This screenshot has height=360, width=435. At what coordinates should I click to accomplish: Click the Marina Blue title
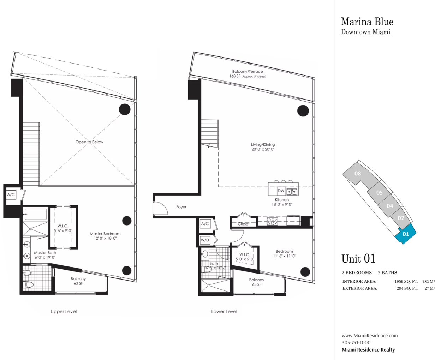coord(367,22)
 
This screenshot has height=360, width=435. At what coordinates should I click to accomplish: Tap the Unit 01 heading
coord(358,259)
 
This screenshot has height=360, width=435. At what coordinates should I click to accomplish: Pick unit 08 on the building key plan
coord(358,173)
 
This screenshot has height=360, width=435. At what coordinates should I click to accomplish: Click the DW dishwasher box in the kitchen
coord(281,191)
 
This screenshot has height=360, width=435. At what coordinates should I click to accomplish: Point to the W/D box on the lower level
coord(205,240)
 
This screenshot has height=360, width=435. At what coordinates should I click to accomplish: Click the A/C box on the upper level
coord(11,195)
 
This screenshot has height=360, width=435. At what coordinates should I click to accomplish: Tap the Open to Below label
coord(89,142)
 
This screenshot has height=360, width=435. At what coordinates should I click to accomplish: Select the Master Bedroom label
coord(105,234)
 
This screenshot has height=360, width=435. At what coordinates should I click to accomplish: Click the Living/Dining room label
coord(263,144)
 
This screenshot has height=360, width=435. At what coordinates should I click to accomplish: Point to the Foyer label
coord(181,207)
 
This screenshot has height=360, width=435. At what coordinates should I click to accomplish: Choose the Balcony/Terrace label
coord(248,71)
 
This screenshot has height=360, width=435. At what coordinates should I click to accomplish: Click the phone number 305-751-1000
coord(356,342)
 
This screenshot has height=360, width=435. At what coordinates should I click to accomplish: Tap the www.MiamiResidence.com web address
coord(370,335)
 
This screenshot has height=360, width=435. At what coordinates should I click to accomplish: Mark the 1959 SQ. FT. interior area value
coord(406,282)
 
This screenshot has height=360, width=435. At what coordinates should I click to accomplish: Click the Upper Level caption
coord(64,312)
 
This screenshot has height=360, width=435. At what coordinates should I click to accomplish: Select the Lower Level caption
coord(224,312)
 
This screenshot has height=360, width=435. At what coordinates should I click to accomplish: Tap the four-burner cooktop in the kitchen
coord(272,221)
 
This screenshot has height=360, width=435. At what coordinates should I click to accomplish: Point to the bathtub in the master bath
coord(36,214)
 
